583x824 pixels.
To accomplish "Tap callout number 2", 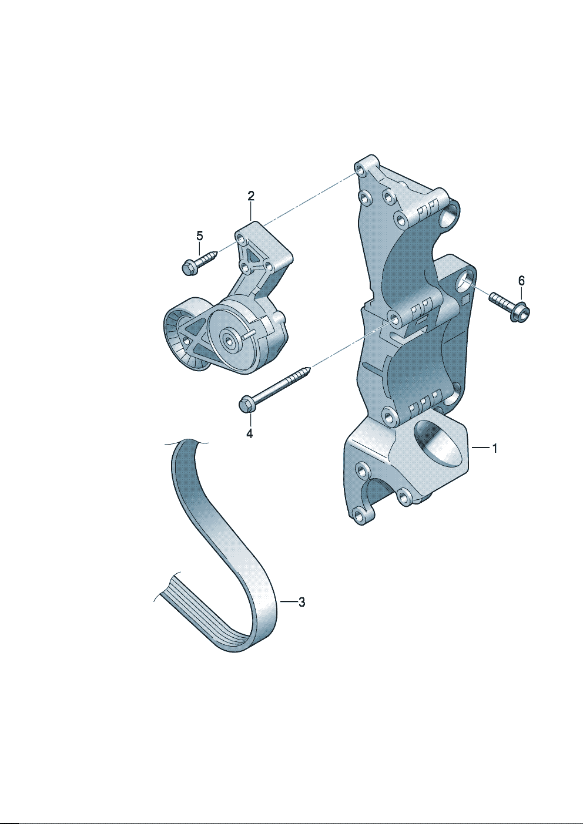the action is tap(250, 196).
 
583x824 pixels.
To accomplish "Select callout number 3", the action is tap(301, 602).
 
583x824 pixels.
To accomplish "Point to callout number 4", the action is tap(250, 433).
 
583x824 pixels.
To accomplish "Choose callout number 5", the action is tap(199, 236).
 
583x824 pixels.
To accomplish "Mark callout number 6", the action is tap(521, 281).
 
